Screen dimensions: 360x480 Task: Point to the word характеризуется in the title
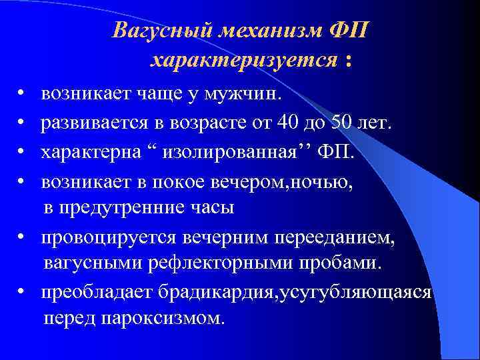click(243, 61)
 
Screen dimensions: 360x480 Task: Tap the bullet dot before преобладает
click(22, 293)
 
